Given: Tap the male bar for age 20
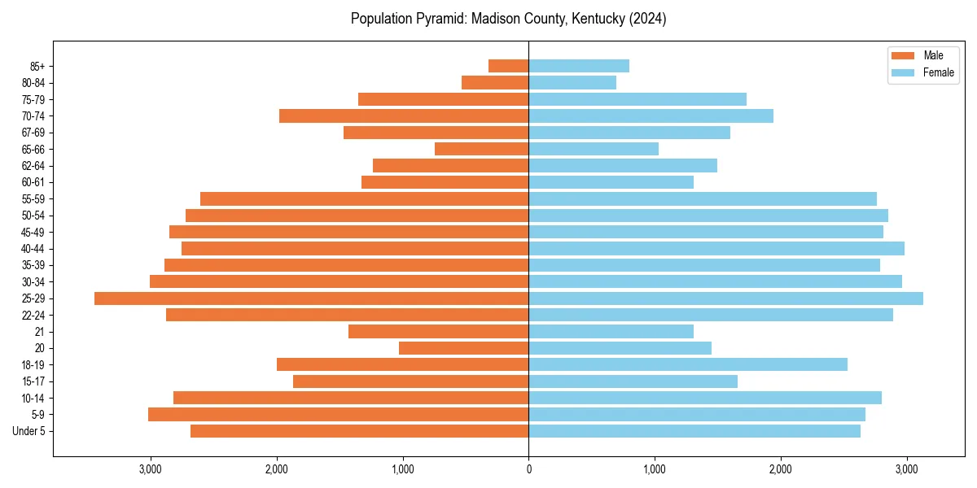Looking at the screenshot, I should [463, 348].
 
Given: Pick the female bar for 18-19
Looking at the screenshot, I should [688, 364].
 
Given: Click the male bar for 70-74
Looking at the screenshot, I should [404, 115].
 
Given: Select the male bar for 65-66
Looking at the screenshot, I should [482, 149].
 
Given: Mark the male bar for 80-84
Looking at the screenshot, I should [495, 82].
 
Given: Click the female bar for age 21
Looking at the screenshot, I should [611, 331].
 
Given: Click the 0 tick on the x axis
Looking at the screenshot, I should [529, 468].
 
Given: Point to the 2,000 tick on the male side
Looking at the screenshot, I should [277, 468].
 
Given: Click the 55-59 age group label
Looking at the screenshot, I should [33, 198].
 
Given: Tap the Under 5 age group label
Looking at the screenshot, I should [28, 431].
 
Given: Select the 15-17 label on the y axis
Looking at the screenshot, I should [33, 381].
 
